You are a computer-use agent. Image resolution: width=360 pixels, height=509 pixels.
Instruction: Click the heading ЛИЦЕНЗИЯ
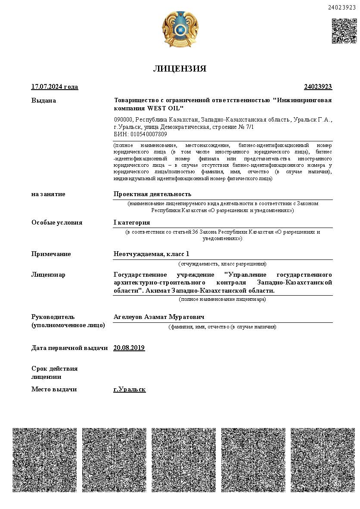point(180,69)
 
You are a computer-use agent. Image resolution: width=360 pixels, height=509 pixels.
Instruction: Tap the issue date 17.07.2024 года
point(55,87)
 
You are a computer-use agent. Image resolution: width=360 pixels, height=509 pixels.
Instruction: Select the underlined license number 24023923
point(318,87)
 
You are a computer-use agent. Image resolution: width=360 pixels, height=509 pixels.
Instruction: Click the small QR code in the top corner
point(344,31)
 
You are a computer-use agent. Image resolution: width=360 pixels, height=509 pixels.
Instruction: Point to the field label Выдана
point(43,100)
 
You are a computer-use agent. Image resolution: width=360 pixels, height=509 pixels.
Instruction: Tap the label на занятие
point(48,194)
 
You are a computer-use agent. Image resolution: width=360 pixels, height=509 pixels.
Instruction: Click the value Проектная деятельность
point(152,194)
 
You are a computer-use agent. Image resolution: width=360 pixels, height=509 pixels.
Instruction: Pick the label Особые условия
point(57,222)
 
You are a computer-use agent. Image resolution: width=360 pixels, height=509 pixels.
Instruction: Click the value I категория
point(131,222)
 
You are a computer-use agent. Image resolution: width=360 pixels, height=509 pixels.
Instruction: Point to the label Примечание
point(51,254)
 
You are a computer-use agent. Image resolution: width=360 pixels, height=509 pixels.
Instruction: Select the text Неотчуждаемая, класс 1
point(151,254)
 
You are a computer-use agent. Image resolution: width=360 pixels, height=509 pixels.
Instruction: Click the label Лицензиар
point(48,275)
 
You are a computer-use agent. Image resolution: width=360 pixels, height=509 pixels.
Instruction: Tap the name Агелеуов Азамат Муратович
point(158,317)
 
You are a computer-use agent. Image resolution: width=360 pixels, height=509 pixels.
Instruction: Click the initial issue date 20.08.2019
point(129,348)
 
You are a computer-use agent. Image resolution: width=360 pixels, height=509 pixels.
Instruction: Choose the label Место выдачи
point(54,389)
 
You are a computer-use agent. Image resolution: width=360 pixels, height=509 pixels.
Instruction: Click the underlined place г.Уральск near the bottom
point(129,389)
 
